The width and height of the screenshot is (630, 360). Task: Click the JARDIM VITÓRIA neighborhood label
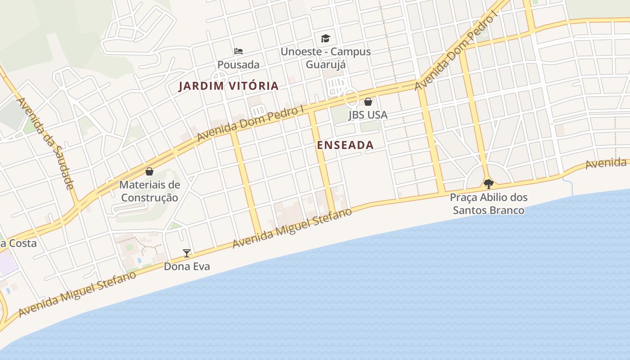coord(229,86)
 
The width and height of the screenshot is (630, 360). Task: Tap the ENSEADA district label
coord(345,145)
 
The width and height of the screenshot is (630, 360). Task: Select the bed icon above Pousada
coord(238,51)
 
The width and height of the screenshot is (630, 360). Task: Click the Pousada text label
coord(238,65)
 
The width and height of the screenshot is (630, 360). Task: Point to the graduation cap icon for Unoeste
coord(325,38)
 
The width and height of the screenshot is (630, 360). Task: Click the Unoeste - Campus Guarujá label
coord(326,58)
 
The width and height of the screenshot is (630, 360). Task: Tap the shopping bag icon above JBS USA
coord(368,102)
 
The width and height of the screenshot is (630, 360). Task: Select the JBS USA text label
coord(368,115)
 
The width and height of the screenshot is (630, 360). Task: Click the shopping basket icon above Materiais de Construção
coord(149,171)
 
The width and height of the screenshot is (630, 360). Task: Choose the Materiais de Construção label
coord(149,191)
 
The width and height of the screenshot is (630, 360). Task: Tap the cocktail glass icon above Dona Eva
coord(187,253)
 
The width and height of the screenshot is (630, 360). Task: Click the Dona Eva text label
coord(187,266)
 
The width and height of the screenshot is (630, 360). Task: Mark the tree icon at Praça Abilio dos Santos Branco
coord(488,184)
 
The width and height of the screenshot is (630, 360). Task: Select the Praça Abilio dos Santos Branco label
coord(488,204)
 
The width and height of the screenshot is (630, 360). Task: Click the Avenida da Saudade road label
coord(45,144)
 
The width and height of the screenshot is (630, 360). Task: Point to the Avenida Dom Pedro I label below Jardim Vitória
coord(250,123)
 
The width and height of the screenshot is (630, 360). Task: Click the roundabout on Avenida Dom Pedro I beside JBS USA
coord(351,98)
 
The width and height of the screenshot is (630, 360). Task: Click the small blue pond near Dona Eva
coord(139,261)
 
